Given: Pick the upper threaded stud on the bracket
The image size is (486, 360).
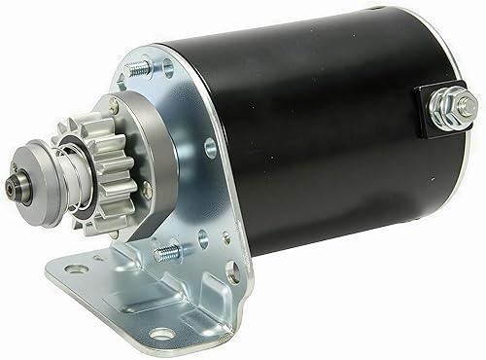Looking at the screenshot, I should (139, 69).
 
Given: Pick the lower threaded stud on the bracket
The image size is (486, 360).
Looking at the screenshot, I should (166, 252).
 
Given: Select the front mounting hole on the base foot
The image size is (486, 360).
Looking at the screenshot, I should (162, 334).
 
